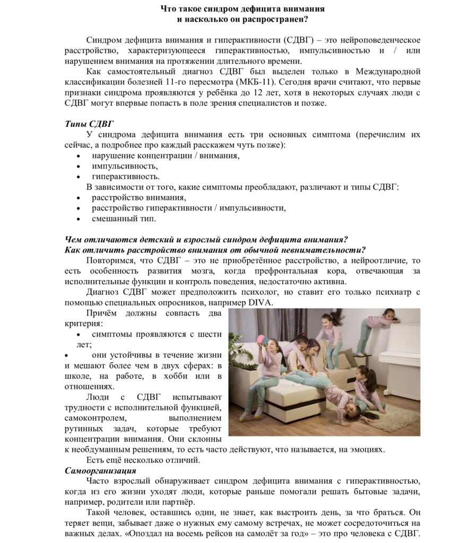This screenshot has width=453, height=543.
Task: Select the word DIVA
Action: pos(259,302)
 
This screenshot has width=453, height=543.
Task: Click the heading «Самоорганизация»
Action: pos(100,470)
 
